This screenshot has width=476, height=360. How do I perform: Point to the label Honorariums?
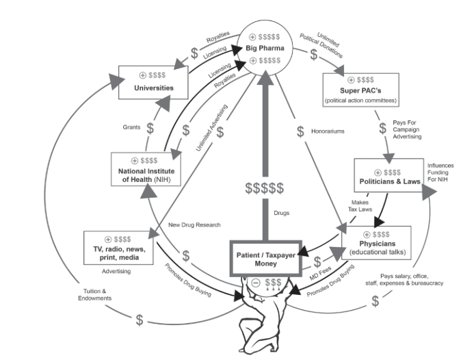tap(328, 131)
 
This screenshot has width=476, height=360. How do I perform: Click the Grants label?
tap(131, 127)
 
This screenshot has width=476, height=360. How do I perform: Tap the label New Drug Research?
tap(194, 224)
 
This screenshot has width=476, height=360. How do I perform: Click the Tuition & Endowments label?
tap(94, 295)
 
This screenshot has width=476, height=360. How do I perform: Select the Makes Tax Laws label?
tap(360, 206)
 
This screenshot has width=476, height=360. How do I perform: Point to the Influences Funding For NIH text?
tap(440, 172)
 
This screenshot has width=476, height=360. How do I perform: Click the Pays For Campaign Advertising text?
tap(407, 129)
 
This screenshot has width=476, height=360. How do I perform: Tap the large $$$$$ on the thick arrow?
tap(265, 188)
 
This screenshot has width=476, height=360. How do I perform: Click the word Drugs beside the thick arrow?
tap(281, 213)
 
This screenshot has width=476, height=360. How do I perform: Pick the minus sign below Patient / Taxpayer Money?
tap(256, 283)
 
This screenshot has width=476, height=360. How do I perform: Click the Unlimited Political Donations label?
tap(323, 44)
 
